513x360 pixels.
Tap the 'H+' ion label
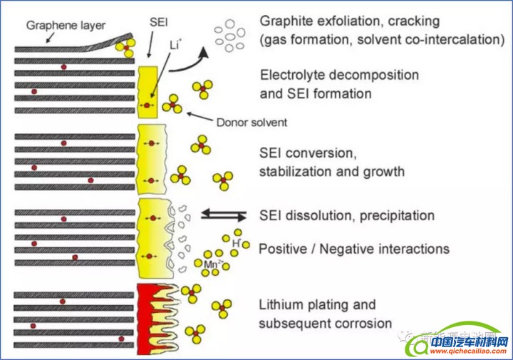pyautogui.click(x=236, y=242)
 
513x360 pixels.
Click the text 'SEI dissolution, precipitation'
pyautogui.click(x=347, y=215)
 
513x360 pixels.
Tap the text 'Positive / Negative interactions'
pyautogui.click(x=353, y=249)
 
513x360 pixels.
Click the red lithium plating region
pyautogui.click(x=148, y=314)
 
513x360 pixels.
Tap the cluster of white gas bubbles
pyautogui.click(x=230, y=36)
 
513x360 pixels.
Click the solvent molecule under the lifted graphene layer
pyautogui.click(x=126, y=48)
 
